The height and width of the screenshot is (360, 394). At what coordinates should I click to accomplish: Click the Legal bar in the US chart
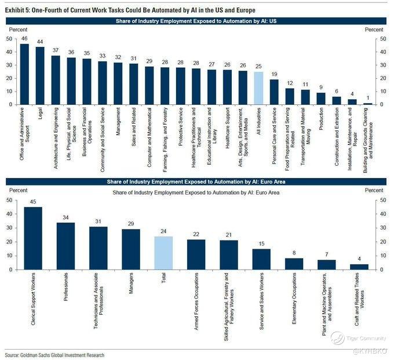[40, 76]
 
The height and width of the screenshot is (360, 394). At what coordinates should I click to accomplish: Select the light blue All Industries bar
[258, 88]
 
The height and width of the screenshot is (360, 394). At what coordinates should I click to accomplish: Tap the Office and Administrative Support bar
[24, 74]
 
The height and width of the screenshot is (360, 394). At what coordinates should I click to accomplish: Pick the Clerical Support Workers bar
[33, 238]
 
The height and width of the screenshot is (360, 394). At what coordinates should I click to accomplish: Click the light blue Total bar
[163, 253]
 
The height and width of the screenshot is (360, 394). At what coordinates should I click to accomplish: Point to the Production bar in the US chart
[321, 99]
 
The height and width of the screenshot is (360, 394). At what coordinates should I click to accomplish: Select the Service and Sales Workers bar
[261, 260]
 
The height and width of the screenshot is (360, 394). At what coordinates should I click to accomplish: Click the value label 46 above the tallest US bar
[24, 38]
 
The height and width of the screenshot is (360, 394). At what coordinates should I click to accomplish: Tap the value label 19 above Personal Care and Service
[274, 74]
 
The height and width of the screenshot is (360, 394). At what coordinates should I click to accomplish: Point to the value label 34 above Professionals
[65, 217]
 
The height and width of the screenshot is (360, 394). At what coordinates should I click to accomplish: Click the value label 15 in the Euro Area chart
[261, 243]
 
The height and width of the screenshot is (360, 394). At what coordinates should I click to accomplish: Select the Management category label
[118, 122]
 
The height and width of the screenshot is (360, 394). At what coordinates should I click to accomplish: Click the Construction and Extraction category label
[337, 137]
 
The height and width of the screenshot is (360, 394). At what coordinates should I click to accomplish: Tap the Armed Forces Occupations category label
[196, 301]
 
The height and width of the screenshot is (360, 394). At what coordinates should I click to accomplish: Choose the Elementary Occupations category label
[294, 299]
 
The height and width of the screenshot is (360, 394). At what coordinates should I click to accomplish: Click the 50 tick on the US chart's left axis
[9, 39]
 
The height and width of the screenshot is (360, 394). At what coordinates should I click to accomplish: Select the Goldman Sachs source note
[54, 355]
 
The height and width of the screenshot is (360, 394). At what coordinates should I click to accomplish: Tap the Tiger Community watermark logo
[337, 338]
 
